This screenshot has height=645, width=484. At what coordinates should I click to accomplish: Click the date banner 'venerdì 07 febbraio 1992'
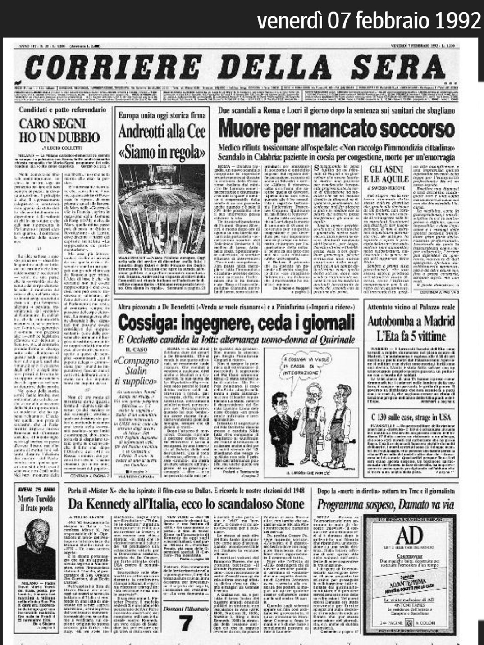(x=369, y=20)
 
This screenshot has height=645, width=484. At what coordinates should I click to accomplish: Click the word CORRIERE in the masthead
(x=113, y=67)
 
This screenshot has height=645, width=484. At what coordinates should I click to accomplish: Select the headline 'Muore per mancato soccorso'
(x=336, y=129)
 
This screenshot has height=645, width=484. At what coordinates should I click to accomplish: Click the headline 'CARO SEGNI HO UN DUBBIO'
(x=59, y=130)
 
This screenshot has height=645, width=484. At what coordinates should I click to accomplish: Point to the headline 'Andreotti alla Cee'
(x=162, y=132)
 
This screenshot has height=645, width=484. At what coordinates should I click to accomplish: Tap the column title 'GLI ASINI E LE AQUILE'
(x=386, y=174)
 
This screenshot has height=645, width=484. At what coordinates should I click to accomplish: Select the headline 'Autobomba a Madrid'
(x=411, y=321)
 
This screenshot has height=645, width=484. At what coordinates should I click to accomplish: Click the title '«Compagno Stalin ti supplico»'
(x=136, y=370)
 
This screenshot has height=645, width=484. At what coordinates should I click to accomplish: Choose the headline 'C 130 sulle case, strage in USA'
(x=411, y=417)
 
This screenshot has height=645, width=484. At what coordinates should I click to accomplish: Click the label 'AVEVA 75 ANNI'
(x=37, y=490)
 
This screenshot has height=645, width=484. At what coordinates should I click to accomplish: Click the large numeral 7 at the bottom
(x=185, y=624)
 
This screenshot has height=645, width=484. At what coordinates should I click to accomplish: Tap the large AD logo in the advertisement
(x=409, y=536)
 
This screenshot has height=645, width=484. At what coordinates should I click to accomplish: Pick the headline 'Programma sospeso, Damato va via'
(x=385, y=505)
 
